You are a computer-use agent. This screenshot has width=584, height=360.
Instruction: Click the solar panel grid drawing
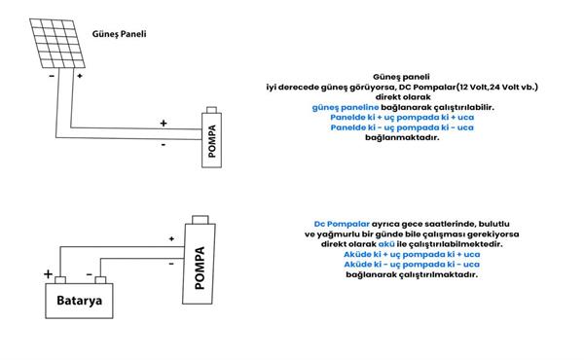57,44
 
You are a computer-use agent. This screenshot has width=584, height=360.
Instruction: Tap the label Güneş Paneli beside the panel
119,34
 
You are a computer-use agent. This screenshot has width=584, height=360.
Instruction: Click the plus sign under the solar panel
80,76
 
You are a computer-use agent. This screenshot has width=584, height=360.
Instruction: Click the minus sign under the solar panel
52,76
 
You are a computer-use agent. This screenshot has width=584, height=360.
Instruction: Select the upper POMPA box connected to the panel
211,140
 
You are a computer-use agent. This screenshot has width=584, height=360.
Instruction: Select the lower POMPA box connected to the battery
199,264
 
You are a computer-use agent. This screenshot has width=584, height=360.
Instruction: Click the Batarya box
79,301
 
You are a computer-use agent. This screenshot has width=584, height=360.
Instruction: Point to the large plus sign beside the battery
48,274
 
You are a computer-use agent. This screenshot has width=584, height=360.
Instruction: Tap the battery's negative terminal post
100,280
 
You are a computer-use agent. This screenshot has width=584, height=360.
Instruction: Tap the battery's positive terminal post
60,280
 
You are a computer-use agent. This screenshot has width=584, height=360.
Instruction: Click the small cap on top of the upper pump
211,110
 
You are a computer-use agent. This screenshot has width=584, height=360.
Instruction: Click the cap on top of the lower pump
200,220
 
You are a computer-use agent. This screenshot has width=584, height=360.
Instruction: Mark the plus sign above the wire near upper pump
164,123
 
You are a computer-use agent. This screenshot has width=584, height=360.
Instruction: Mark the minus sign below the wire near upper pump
164,144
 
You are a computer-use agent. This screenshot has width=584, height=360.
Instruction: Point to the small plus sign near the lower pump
171,238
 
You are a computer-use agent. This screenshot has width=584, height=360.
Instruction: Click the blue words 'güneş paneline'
346,108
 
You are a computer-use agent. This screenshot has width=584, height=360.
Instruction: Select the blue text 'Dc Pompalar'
342,224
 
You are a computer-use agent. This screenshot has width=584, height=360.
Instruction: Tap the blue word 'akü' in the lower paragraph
386,244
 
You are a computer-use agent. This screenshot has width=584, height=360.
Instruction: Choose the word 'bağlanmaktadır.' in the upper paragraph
402,137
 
